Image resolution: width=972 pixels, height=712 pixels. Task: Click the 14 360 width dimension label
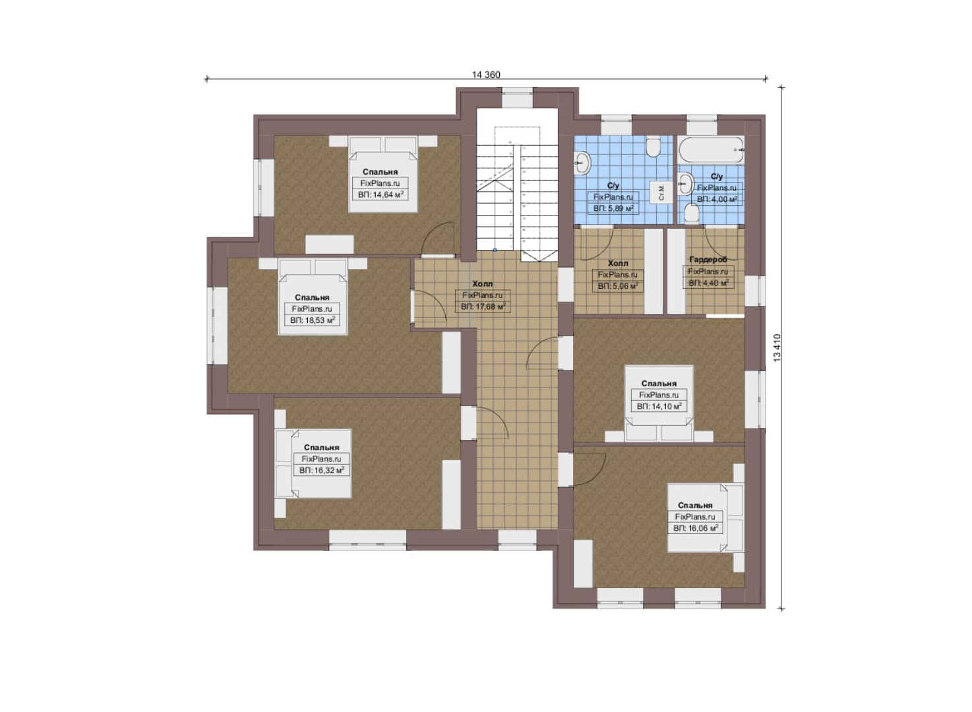tap(486, 74)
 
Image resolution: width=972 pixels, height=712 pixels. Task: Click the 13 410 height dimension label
tap(777, 347)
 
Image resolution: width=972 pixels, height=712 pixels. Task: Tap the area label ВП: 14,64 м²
tap(380, 195)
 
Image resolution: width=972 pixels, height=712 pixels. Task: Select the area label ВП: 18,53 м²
tap(313, 320)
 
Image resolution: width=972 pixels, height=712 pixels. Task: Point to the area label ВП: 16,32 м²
tap(322, 470)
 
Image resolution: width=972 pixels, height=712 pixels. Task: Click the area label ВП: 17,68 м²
tap(483, 307)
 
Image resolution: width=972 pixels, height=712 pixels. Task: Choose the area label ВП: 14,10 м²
tap(659, 407)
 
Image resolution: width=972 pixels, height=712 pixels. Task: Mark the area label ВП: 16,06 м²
tap(695, 529)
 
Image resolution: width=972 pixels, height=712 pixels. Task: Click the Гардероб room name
tap(708, 260)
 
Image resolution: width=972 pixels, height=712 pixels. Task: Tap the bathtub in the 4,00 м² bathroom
tap(712, 150)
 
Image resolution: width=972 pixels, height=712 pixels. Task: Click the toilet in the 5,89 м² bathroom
tap(653, 148)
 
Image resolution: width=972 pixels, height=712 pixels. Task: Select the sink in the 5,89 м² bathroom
tap(583, 163)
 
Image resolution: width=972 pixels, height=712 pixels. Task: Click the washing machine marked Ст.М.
tap(661, 193)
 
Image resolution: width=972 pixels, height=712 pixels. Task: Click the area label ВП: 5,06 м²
tap(617, 286)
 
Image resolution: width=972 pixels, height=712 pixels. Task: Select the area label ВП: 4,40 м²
tap(708, 283)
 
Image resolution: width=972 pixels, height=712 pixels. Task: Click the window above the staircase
tap(517, 98)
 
